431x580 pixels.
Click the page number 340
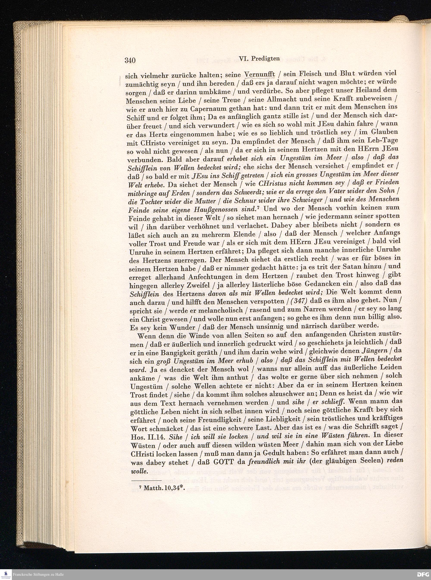130,60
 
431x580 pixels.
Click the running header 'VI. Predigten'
259,59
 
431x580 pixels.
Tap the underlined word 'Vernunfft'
260,75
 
